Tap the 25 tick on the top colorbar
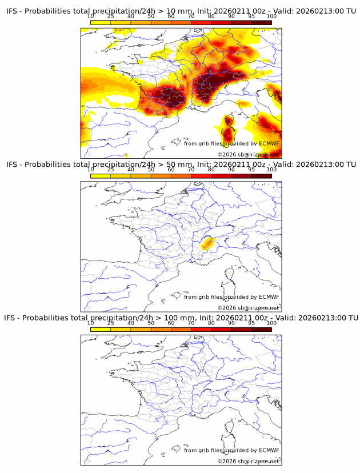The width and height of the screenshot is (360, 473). point(110,17)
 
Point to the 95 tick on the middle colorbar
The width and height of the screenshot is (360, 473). point(251,170)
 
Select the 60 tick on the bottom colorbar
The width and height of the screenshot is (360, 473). point(171,323)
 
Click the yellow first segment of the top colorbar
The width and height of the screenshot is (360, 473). point(100,22)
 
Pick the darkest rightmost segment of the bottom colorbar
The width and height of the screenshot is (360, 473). point(261,328)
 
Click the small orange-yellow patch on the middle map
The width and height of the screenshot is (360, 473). point(207,244)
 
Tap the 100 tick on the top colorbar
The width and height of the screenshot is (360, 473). point(271,17)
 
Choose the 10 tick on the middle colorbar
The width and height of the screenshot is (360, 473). point(91,170)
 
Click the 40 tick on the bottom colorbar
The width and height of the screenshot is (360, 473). point(131,323)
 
